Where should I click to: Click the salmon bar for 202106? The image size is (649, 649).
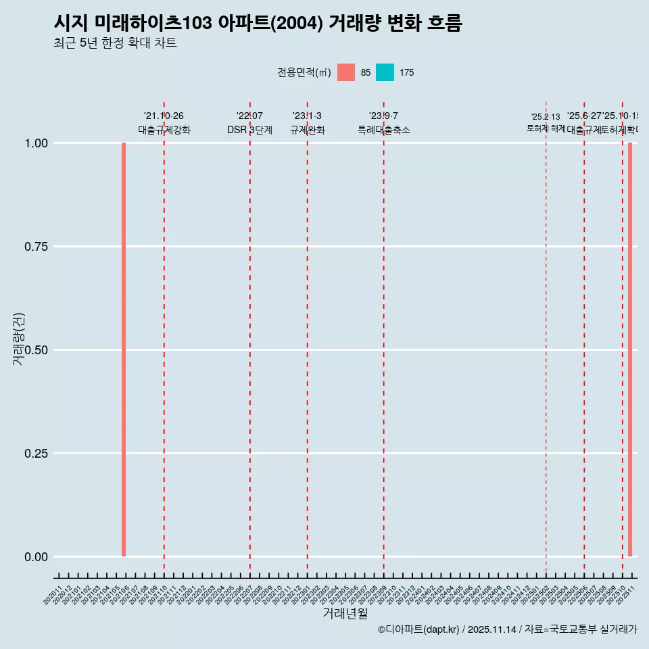(124, 350)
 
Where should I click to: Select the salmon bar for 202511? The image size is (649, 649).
(630, 350)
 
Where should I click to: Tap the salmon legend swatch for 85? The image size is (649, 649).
(346, 72)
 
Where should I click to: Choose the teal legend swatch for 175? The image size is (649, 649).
(385, 72)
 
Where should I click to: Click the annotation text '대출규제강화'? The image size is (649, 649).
(164, 130)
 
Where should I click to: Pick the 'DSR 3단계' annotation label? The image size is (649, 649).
(249, 130)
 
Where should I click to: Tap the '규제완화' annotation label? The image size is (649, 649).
(308, 130)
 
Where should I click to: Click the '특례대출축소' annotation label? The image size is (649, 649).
(384, 130)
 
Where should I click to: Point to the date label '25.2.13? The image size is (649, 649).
(546, 117)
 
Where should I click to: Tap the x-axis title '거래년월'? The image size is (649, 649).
(345, 614)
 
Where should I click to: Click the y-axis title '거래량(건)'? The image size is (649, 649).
(19, 339)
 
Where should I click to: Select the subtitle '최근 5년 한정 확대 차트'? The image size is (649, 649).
(115, 43)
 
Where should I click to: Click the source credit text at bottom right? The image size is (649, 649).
(507, 629)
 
